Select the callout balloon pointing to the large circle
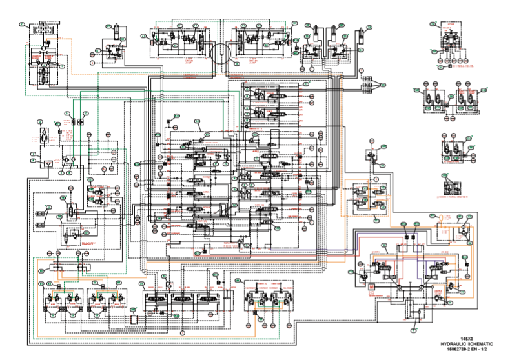coord(236,65)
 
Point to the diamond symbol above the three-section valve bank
coord(167,284)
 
